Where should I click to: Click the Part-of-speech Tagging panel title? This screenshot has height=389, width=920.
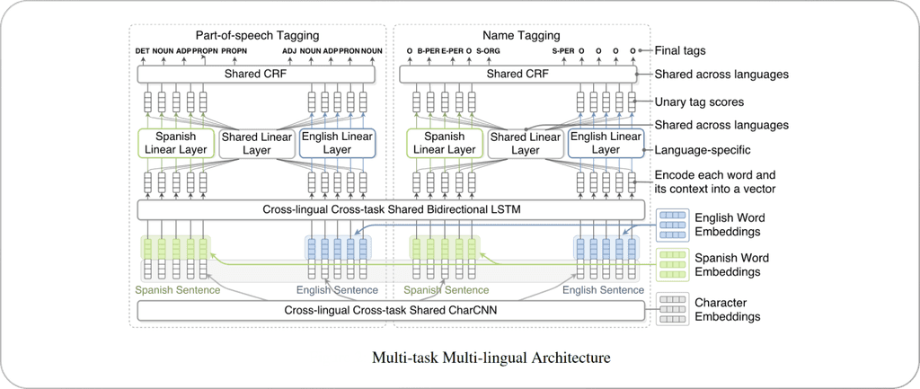point(258,34)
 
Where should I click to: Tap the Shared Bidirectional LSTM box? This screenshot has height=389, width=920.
point(391,210)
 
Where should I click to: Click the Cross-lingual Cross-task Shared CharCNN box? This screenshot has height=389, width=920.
point(391,311)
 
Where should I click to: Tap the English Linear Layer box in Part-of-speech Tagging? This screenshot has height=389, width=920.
point(337,143)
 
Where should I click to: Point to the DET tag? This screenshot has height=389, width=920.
point(142,52)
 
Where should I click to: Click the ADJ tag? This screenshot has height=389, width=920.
point(288,52)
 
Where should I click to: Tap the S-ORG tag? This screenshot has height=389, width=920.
point(488,52)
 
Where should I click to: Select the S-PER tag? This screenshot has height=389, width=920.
point(562,52)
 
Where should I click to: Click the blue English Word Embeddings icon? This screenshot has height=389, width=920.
point(672,223)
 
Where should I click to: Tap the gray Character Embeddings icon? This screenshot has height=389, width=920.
point(672,309)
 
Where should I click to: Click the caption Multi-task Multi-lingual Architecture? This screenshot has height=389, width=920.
point(491,358)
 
